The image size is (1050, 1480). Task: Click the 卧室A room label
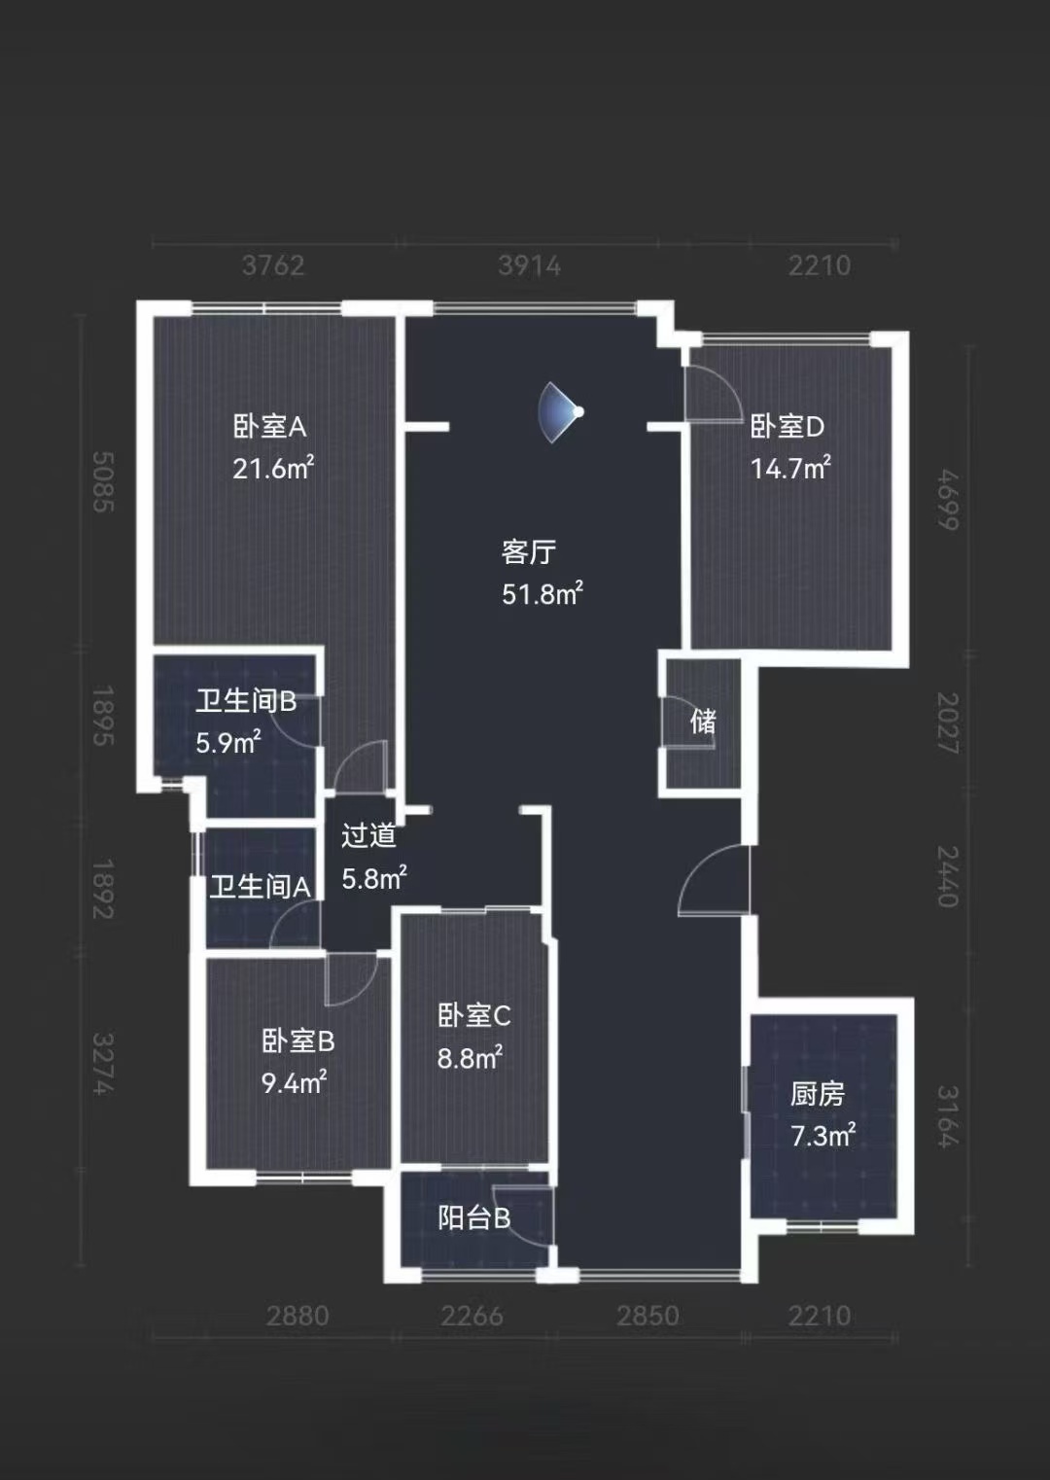269,427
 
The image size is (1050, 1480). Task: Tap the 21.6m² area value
273,468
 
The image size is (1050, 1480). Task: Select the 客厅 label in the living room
528,552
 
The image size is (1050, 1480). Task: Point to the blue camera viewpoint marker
561,411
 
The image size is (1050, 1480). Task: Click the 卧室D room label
787,427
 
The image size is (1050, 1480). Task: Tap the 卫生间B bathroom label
246,701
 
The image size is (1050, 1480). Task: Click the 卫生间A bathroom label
260,887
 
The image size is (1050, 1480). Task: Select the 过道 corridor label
368,836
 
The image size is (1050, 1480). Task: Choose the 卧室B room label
298,1042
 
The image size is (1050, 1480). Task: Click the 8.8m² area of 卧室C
470,1058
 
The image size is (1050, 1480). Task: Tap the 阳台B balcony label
473,1218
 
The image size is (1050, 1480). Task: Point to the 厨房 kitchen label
818,1095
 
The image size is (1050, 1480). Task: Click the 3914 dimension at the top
529,266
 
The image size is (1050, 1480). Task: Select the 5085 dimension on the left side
103,481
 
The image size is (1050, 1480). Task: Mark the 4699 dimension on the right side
948,500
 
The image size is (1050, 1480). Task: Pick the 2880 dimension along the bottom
297,1316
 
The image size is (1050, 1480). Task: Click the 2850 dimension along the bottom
647,1316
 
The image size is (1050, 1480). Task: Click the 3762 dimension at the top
273,265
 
